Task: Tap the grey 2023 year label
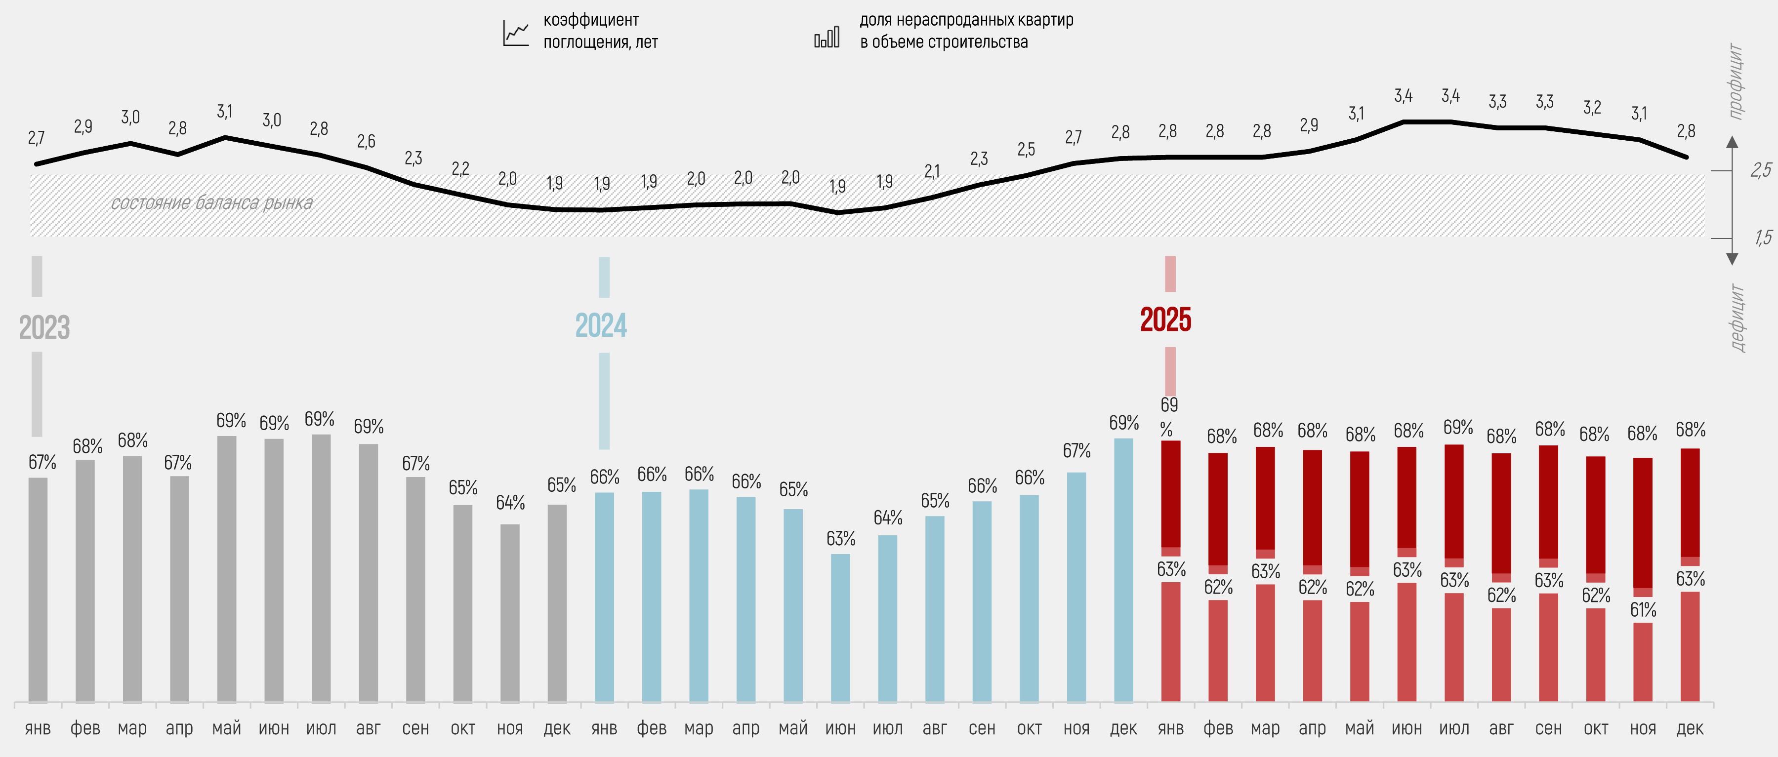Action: (44, 328)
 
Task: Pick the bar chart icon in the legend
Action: (826, 36)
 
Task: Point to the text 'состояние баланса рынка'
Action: (211, 203)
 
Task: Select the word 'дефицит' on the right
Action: (1737, 318)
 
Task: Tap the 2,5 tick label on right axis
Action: (1761, 170)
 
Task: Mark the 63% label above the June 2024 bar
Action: (841, 538)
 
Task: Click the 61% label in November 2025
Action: (1643, 610)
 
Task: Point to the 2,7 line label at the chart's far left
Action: (36, 138)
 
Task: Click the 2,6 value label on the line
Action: (366, 141)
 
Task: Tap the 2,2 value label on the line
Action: (460, 168)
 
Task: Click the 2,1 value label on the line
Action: (932, 171)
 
